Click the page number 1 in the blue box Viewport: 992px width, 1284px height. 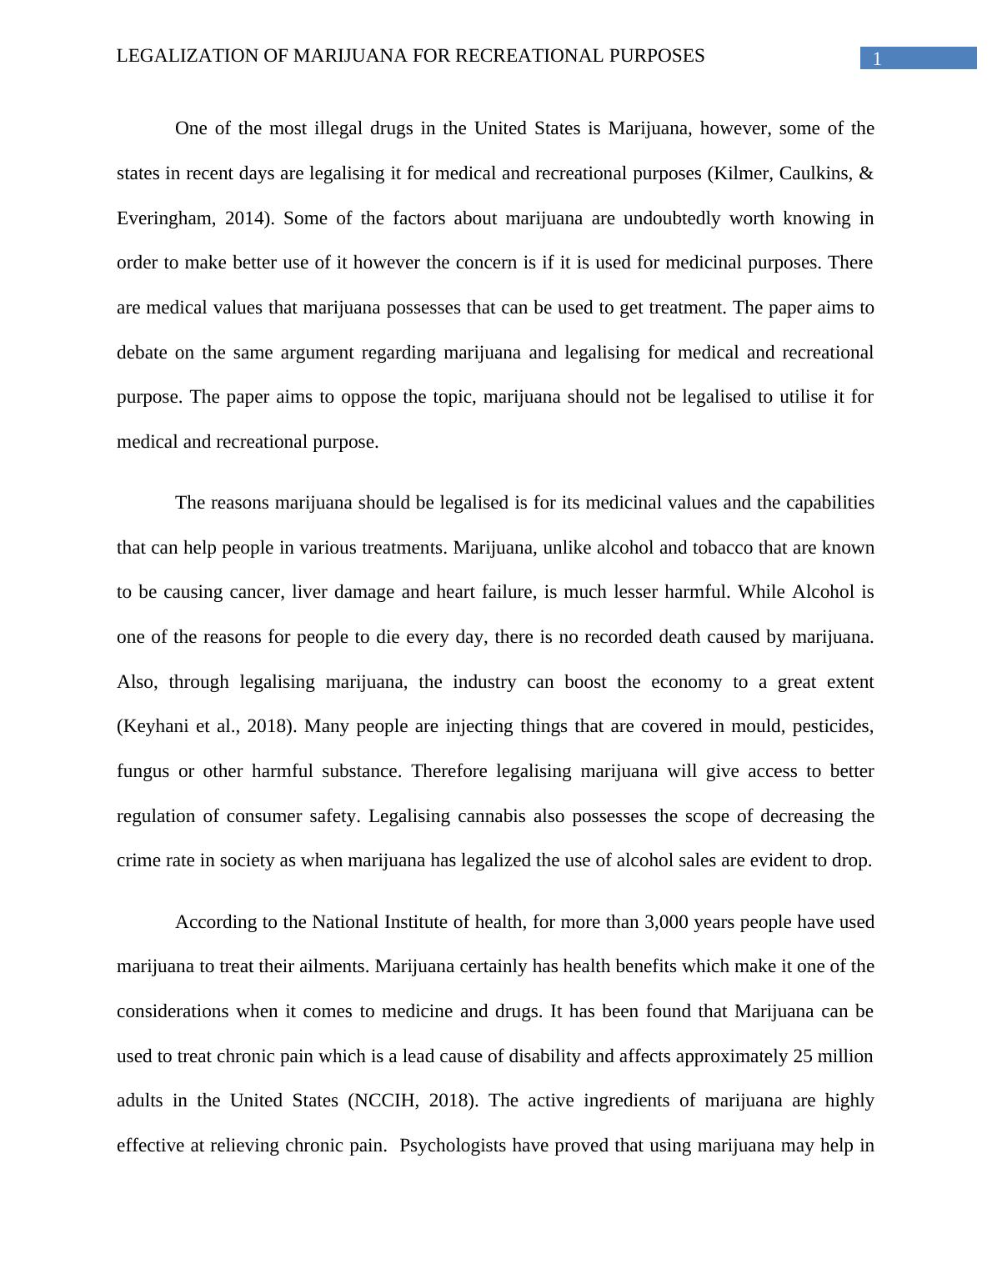(x=877, y=59)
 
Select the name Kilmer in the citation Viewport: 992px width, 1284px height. (x=739, y=173)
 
